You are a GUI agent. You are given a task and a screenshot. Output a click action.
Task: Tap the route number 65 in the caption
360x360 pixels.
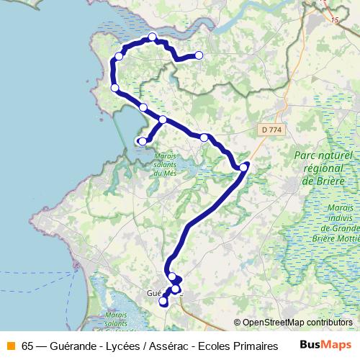pos(27,344)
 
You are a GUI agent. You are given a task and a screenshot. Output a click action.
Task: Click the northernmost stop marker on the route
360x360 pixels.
pos(152,37)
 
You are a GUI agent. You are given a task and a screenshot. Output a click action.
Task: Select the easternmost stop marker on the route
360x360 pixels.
pos(244,167)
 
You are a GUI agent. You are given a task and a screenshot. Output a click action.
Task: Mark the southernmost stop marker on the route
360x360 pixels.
pos(163,302)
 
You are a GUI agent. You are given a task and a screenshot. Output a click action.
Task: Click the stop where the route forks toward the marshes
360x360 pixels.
pos(163,120)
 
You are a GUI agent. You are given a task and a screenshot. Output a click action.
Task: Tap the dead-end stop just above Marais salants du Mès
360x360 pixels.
pos(142,141)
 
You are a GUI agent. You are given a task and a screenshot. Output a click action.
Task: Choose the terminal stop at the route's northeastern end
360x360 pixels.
pos(199,55)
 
